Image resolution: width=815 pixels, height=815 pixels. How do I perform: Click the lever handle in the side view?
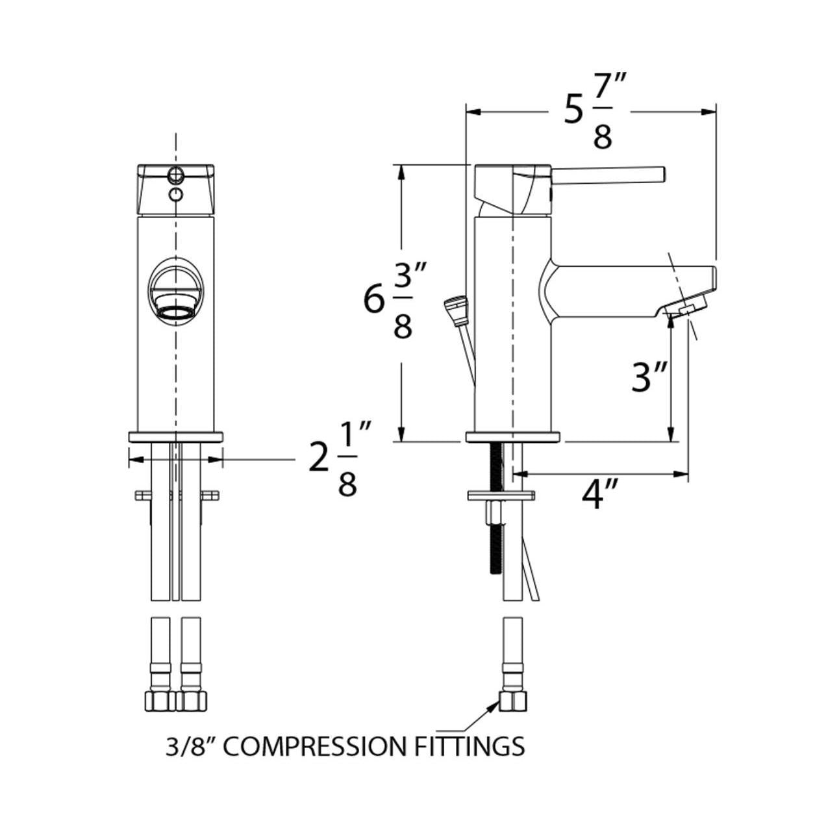pos(609,174)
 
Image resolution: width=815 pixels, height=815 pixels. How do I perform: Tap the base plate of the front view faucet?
pos(175,436)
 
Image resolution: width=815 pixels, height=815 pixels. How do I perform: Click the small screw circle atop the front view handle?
pos(175,173)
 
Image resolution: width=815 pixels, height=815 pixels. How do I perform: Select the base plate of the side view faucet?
pos(512,436)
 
